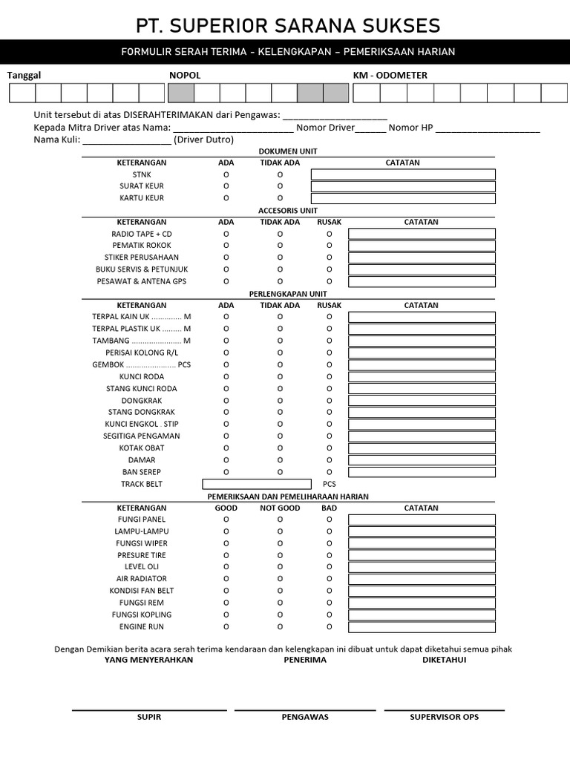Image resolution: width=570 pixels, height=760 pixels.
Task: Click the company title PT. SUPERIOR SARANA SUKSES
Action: (288, 26)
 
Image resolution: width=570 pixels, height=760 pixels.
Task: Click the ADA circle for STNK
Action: (226, 174)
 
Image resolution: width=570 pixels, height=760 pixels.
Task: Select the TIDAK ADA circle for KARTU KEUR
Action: (280, 198)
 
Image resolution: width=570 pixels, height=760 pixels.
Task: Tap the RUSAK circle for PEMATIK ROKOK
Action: (330, 246)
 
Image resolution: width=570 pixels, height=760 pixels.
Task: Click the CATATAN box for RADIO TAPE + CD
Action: (422, 234)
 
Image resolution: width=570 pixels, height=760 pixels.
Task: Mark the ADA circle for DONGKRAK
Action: (226, 400)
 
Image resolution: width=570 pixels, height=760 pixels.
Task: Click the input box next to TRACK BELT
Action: (256, 484)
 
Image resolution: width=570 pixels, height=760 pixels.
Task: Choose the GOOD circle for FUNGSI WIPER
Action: (226, 543)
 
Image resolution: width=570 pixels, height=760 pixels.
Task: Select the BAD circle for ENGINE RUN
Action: (330, 627)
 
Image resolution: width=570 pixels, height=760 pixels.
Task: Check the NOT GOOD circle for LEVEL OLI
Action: (280, 567)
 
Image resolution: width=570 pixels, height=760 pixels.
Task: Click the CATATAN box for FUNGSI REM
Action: (422, 603)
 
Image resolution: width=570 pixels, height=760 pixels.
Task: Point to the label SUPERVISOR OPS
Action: (444, 717)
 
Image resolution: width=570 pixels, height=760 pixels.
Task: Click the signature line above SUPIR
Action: (149, 710)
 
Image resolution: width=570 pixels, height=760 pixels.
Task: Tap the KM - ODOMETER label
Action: (390, 75)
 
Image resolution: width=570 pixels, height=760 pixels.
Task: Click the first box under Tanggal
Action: (22, 93)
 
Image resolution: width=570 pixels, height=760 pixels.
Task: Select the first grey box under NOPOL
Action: (182, 93)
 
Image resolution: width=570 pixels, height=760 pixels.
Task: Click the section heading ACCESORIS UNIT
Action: (287, 211)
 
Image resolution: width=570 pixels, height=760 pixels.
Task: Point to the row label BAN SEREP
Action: (141, 472)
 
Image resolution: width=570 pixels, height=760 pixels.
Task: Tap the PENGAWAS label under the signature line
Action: (305, 717)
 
